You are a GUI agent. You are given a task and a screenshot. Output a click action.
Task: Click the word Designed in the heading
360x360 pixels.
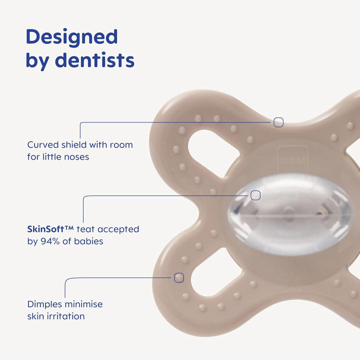pyautogui.click(x=71, y=37)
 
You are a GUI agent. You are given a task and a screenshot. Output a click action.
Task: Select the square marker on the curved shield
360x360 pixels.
pyautogui.click(x=278, y=122)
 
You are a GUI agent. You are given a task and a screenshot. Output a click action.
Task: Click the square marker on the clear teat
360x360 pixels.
pyautogui.click(x=255, y=195)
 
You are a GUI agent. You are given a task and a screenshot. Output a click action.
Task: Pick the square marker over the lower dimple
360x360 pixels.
pyautogui.click(x=179, y=277)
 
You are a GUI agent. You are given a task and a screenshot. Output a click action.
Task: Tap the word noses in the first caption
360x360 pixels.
pyautogui.click(x=77, y=156)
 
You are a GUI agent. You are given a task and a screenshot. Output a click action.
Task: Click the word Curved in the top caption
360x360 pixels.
pyautogui.click(x=42, y=144)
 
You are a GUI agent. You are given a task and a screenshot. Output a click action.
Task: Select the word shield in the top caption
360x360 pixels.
pyautogui.click(x=73, y=144)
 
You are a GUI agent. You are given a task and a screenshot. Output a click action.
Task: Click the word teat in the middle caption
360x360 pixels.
pyautogui.click(x=85, y=229)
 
